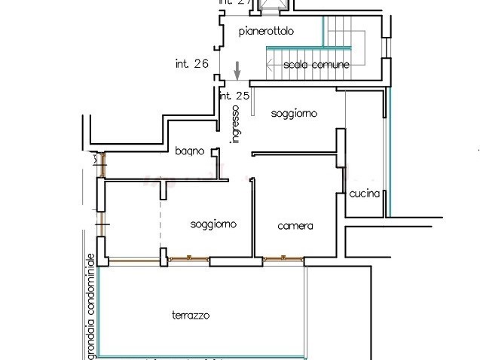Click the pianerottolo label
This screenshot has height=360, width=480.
coord(266,32)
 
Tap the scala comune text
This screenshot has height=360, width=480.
coord(316,65)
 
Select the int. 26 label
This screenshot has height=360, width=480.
coord(191,64)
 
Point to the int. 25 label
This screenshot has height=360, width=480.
coord(234,96)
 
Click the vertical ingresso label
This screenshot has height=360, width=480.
coord(235,124)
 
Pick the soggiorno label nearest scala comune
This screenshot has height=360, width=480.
coord(295,113)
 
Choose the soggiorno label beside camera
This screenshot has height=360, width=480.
coord(214,224)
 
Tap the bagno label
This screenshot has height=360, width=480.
coord(190,151)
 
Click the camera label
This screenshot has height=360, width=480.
coord(295,226)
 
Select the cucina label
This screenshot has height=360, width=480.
coord(364,194)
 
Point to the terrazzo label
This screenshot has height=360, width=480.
coord(190,315)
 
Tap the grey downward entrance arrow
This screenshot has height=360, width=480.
coord(237,72)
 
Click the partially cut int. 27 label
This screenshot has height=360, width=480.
coord(234,3)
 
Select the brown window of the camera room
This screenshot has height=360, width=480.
coord(283,259)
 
